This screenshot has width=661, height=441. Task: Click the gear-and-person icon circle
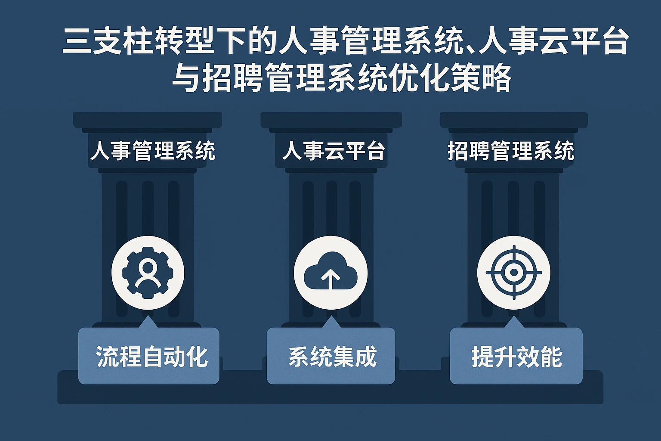148,273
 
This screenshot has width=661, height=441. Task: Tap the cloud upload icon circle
330,273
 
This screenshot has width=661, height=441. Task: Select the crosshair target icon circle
513,273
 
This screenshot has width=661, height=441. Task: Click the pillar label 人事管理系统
153,151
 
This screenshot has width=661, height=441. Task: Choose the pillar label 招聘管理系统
511,151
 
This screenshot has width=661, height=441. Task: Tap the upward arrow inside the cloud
330,279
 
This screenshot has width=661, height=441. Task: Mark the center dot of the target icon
513,273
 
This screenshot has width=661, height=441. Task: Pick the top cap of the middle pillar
331,120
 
